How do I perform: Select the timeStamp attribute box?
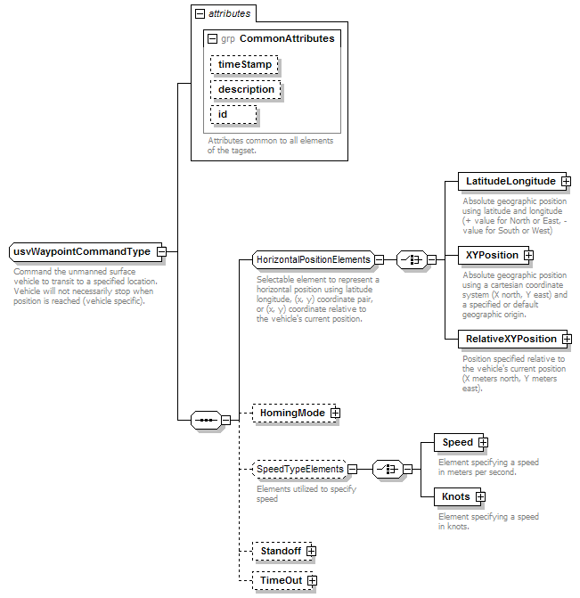pos(244,64)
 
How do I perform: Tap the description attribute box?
pos(246,90)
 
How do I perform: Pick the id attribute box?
pos(233,114)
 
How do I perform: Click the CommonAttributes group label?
pos(287,38)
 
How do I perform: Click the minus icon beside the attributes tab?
pos(200,13)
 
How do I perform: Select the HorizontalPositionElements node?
pos(314,259)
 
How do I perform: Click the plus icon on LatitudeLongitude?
pos(567,182)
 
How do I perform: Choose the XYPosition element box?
pos(493,255)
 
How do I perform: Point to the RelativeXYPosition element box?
pos(512,339)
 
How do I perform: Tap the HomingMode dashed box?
pos(294,413)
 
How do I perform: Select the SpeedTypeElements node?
pos(299,469)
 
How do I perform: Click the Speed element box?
pos(459,442)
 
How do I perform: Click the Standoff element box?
pos(282,551)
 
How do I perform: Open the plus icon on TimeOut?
pos(313,581)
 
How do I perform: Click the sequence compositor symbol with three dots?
pos(206,421)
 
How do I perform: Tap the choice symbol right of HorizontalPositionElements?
pos(412,260)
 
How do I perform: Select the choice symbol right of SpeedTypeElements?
pos(388,469)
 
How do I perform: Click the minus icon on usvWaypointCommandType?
pos(162,251)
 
